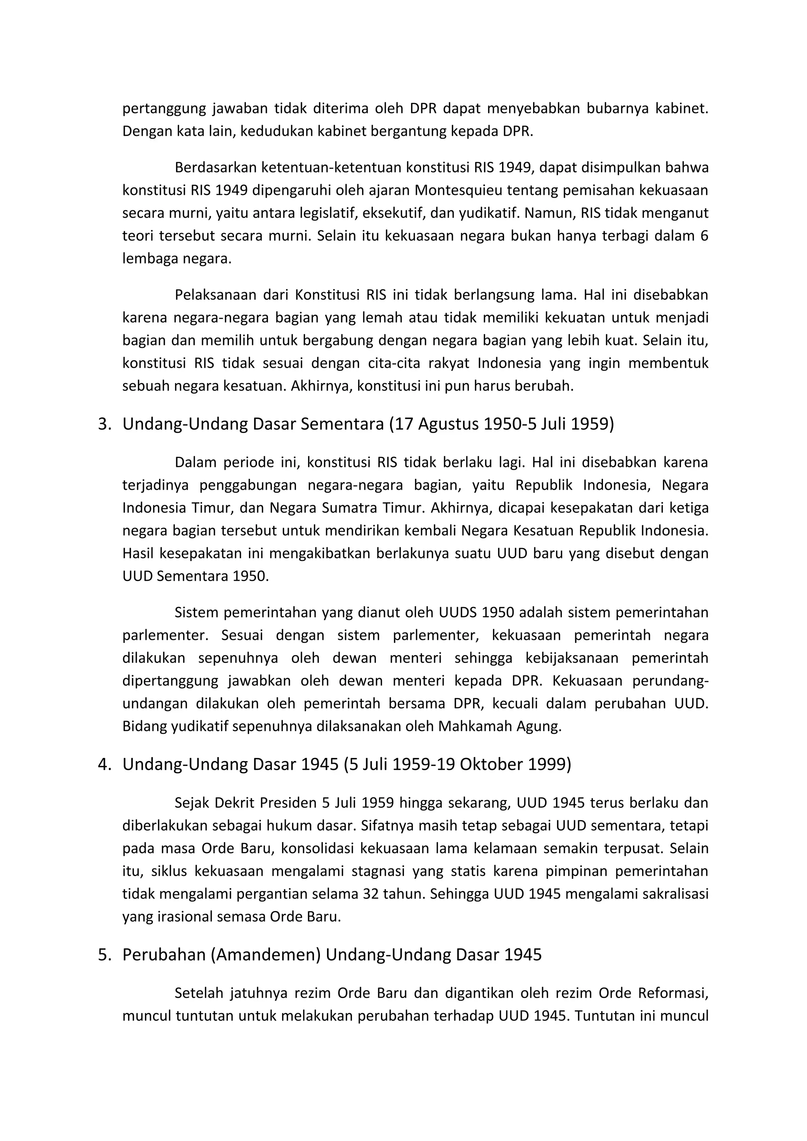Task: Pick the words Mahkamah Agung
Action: (500, 726)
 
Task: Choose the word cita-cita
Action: (393, 363)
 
